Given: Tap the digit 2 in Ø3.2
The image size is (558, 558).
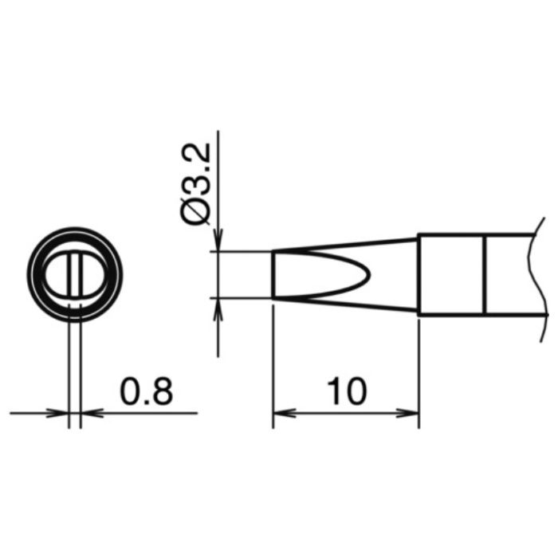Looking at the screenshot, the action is point(196,153).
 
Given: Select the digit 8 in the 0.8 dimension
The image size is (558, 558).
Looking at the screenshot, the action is point(162,391).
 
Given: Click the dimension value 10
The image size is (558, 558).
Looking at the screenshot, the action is point(347,391).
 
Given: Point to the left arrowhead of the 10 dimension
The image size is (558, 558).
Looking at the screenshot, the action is point(284,413).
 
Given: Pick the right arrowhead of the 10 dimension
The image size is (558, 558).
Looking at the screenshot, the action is point(408,413).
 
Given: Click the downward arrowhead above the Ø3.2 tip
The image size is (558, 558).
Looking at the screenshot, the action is point(218,240).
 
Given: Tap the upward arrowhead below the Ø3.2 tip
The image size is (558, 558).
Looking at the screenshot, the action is point(218,309).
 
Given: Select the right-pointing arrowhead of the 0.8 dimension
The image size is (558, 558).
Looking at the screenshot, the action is point(57,413).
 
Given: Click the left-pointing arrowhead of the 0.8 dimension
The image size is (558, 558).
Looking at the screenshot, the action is point(92,413).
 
